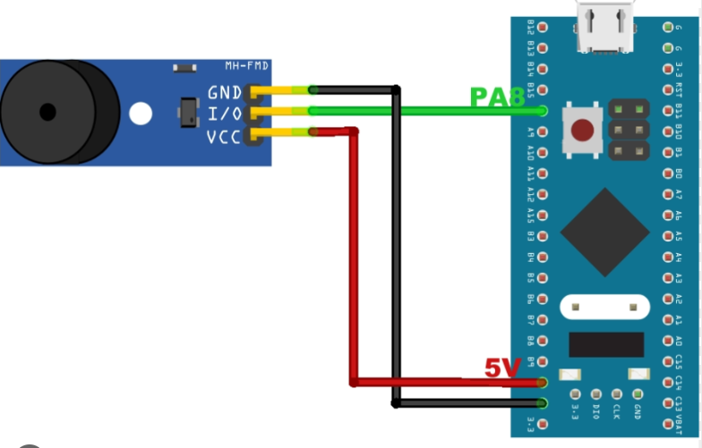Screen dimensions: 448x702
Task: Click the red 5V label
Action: click(x=503, y=368)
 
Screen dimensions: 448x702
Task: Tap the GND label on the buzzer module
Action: click(x=224, y=92)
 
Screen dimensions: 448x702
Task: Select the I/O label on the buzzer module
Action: click(x=224, y=114)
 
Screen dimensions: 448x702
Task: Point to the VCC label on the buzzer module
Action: click(x=224, y=137)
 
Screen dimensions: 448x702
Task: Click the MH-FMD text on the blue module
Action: click(x=246, y=67)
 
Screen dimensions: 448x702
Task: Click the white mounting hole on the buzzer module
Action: click(x=141, y=114)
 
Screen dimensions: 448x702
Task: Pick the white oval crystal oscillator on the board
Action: click(x=604, y=307)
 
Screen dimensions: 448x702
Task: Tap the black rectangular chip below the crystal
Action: click(x=606, y=345)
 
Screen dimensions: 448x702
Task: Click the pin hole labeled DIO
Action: click(x=595, y=394)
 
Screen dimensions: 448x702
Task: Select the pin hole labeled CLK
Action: click(x=617, y=394)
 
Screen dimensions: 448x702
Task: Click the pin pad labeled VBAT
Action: click(x=667, y=424)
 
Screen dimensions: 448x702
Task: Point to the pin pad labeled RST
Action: click(x=667, y=89)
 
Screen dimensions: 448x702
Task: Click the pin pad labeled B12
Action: click(x=544, y=27)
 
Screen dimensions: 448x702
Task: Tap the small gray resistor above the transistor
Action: click(x=184, y=68)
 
